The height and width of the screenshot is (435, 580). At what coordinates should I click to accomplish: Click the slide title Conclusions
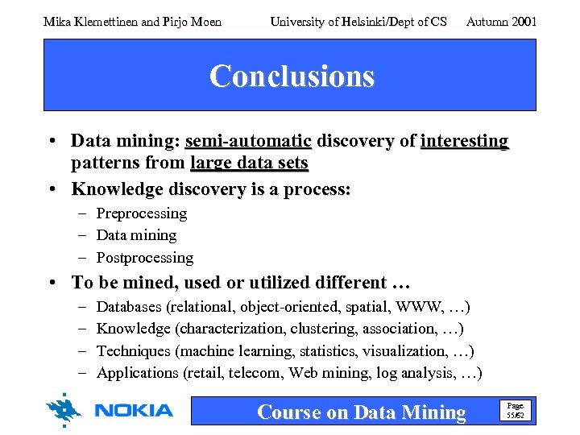pos(292,77)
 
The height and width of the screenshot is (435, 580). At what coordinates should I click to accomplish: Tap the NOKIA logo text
pos(134,411)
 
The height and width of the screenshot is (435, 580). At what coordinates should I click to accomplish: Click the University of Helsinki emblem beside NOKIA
pos(64,409)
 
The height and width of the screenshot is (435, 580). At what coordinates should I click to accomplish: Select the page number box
pos(514,411)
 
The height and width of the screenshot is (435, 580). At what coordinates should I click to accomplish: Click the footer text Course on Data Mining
pos(361,412)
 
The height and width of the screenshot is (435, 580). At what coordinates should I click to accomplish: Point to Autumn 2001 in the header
pos(501,22)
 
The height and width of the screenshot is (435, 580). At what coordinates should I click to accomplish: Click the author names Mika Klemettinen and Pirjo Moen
pos(132,22)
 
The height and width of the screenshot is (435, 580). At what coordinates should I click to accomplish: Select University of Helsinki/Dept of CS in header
pos(358,22)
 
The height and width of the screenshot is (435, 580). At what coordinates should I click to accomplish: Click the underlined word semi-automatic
pos(248,142)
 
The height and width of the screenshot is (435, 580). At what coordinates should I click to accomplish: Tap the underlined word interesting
pos(464,142)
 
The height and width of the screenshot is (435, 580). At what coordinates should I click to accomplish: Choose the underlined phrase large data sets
pos(249,164)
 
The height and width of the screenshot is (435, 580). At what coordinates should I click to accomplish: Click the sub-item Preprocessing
pos(142,213)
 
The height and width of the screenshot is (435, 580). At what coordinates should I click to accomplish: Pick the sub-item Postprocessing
pos(145,258)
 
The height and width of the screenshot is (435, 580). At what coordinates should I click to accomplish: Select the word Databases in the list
pos(129,307)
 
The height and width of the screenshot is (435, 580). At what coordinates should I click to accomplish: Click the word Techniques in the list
pos(133,351)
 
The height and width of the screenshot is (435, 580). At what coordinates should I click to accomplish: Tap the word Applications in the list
pos(138,373)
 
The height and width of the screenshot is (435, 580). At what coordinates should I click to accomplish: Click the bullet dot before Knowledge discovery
pos(52,189)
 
